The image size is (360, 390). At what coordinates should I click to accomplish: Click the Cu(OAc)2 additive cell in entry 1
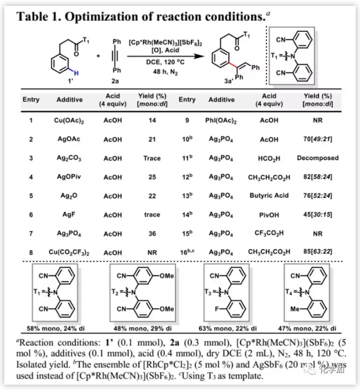70,120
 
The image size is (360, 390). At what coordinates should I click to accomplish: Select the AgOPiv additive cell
70,177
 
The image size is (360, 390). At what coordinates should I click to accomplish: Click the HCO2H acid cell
269,158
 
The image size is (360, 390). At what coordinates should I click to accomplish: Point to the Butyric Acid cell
269,195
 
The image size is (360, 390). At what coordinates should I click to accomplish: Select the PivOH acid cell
269,214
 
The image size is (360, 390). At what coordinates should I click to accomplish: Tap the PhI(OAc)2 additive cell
221,120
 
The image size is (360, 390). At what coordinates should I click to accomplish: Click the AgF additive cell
70,214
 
